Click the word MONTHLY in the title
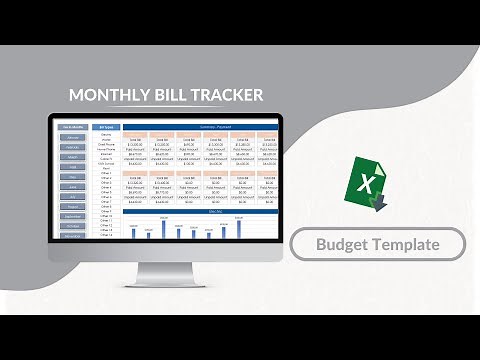[109, 96]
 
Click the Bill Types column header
[105, 127]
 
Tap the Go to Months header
[72, 127]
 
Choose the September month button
[72, 216]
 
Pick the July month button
[72, 196]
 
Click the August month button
[72, 206]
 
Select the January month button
[72, 137]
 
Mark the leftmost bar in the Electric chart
[133, 232]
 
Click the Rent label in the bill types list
[105, 168]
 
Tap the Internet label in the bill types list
[105, 153]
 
